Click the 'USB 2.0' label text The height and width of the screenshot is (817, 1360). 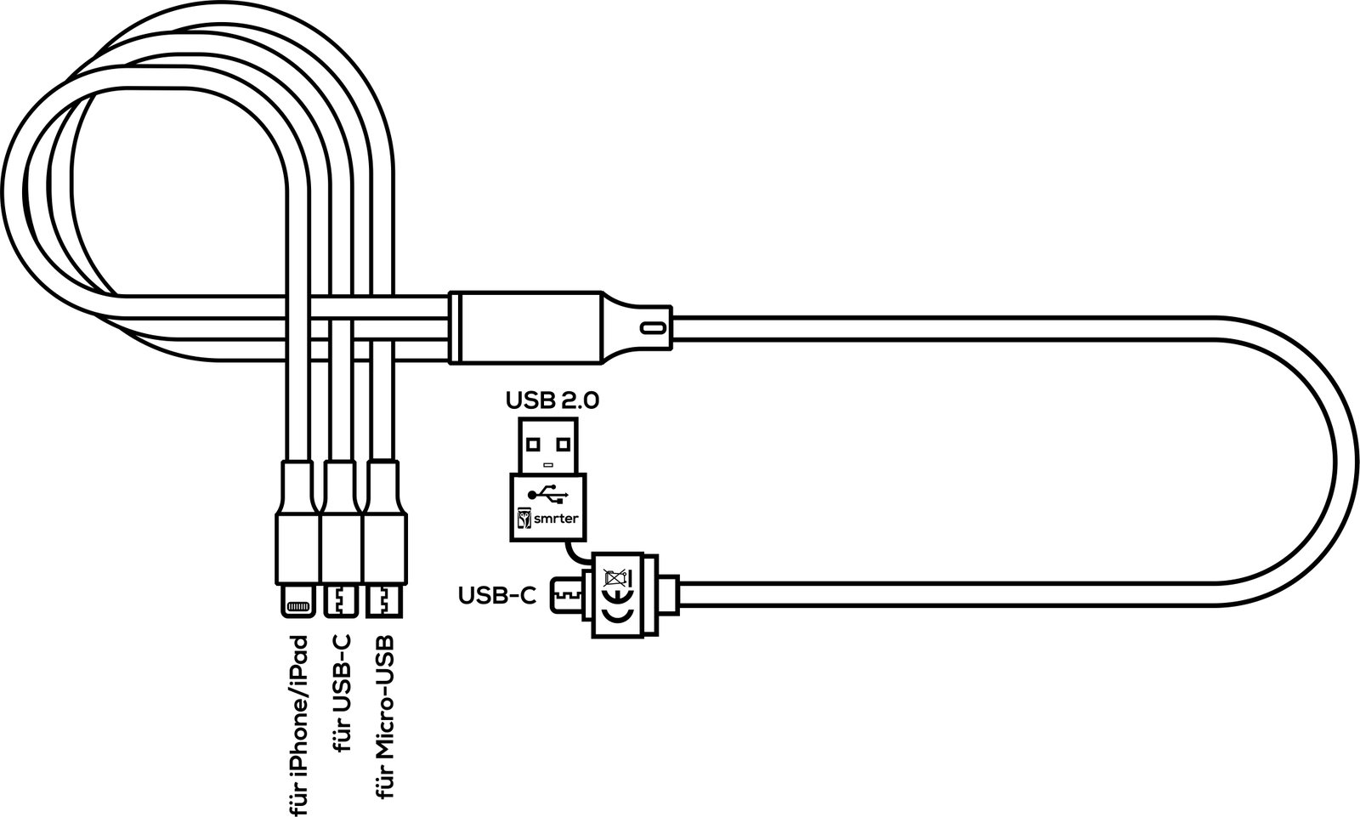point(552,401)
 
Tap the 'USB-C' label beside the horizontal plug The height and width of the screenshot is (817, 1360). point(497,596)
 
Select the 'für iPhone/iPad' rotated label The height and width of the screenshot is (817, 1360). point(300,725)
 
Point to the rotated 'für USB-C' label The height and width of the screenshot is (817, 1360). point(342,693)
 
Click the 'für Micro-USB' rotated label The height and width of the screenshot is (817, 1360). point(383,717)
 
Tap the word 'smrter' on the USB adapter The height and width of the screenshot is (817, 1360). point(556,519)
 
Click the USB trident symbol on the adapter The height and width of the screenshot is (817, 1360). point(547,495)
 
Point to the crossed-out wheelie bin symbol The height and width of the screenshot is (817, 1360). point(618,577)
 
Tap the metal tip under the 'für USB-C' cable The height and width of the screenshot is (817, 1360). point(341,601)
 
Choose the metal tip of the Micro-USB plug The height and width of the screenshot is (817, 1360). point(383,601)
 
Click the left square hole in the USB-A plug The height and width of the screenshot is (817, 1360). point(533,445)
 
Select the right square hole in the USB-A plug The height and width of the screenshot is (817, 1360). point(564,445)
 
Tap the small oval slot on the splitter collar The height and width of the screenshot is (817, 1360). point(654,328)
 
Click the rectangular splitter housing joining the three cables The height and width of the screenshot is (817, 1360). point(526,328)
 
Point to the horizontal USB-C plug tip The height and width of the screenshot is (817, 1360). point(566,595)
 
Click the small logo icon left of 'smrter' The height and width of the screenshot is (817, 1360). point(524,519)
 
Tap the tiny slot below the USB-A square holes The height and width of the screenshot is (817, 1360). point(548,465)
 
